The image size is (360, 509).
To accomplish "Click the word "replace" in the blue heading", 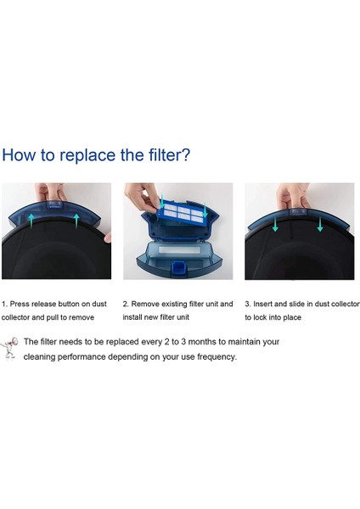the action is click(x=87, y=155).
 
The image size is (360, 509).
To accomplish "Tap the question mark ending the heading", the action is click(x=186, y=154).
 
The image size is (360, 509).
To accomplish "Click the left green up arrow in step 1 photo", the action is click(x=31, y=220).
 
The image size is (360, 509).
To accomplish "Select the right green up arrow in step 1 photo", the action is click(x=76, y=220).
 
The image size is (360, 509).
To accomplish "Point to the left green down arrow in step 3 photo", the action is click(x=275, y=224).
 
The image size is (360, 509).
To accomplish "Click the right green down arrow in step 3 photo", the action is click(x=320, y=224).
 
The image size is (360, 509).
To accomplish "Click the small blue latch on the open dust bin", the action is click(x=177, y=268).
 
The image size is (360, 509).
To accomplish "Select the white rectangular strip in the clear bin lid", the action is click(x=179, y=250).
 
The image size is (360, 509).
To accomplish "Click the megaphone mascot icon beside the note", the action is click(x=9, y=348).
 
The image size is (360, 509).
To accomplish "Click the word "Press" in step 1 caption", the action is click(x=20, y=305).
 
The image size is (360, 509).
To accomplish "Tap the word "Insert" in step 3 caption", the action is click(x=263, y=305).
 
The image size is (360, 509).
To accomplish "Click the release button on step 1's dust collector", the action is click(x=54, y=204).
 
